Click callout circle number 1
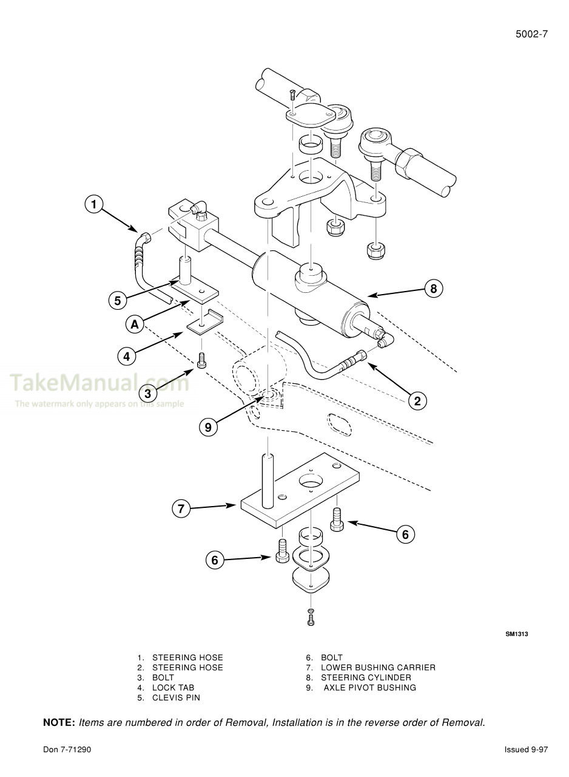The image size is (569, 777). coord(94,204)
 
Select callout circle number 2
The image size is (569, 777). coord(417,400)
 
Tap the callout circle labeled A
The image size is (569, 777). coord(135,325)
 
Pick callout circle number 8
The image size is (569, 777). coord(433,289)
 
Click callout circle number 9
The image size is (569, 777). coord(208,427)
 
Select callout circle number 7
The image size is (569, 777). coord(181,508)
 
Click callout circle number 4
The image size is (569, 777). coord(126,357)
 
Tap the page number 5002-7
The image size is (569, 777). coord(531,34)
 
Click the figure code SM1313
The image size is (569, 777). coord(517,634)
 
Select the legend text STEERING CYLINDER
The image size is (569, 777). coord(366,677)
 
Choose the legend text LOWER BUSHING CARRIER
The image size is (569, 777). coord(378,668)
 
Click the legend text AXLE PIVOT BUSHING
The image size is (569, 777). coord(369,688)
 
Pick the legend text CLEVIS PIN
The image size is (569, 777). coord(176,697)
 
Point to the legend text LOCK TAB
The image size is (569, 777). coord(173,688)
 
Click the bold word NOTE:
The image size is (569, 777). coord(59,722)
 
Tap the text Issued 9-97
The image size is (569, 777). coord(526,750)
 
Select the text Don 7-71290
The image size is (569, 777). coord(67,750)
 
